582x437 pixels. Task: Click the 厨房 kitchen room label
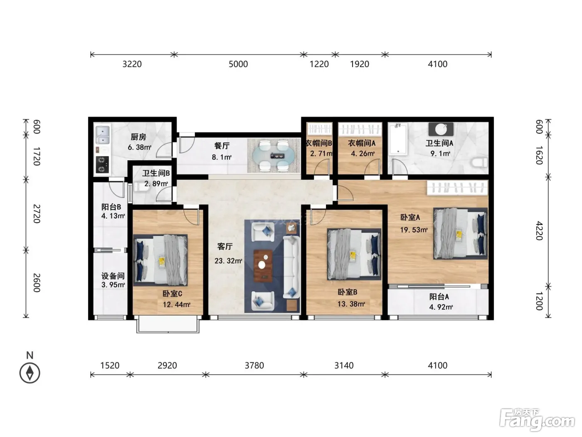pos(138,137)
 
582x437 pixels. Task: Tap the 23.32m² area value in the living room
pos(228,261)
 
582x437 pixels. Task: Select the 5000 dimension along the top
pos(238,64)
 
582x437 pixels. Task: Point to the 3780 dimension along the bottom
pos(254,365)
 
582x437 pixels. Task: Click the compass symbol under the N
pos(30,373)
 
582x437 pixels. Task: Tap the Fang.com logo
pos(537,420)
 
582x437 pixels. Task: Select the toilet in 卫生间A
pos(480,162)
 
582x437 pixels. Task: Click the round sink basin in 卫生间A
pos(441,129)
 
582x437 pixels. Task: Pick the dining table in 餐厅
pos(274,156)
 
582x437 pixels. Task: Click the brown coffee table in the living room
pos(263,266)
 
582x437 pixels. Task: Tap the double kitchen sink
pos(102,135)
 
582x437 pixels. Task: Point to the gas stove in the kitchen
pos(102,164)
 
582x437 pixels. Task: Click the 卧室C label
pos(173,294)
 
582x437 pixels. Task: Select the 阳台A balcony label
pos(439,296)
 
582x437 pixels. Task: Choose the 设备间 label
pos(113,276)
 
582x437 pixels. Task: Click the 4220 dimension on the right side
pos(539,231)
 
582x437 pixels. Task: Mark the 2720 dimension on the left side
pos(37,214)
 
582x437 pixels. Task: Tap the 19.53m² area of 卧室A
pos(414,230)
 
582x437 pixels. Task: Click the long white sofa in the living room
pos(291,267)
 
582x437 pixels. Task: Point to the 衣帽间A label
pos(362,143)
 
